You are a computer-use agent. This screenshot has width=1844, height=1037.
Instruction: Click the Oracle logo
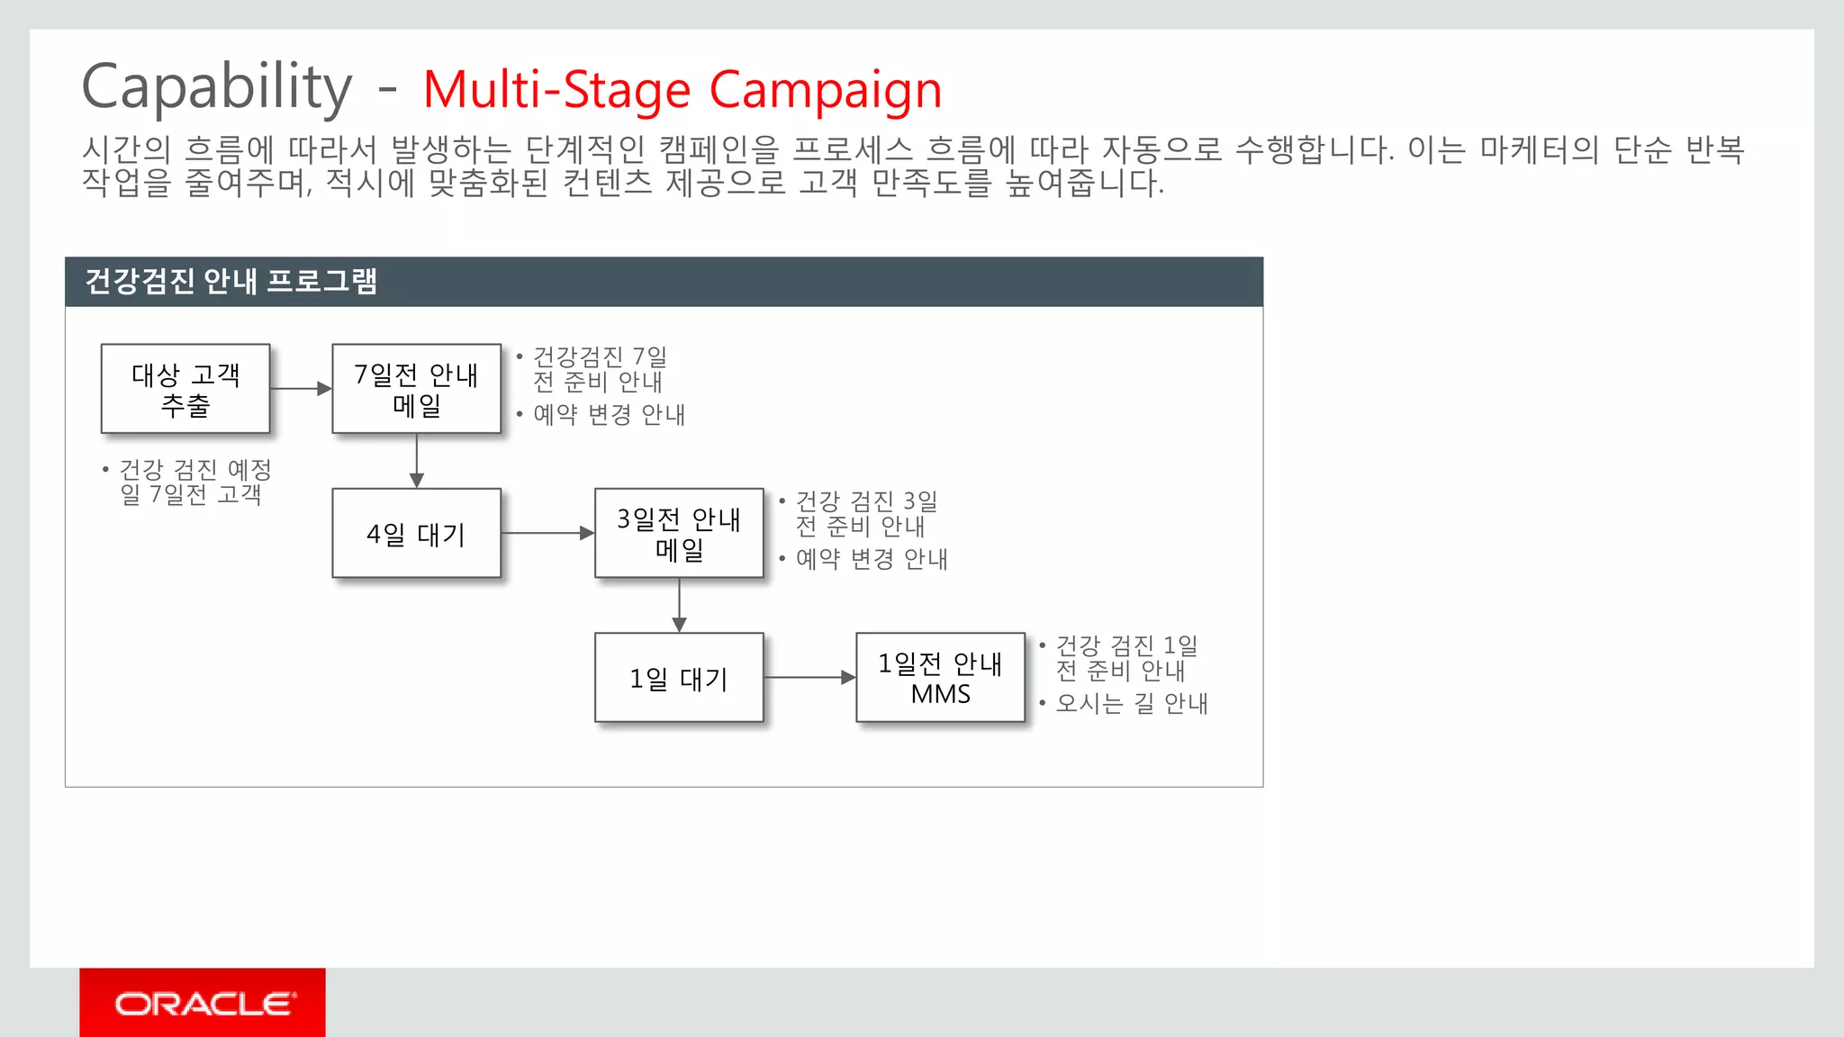coord(203,1003)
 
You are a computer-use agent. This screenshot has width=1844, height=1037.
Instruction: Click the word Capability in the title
coord(217,87)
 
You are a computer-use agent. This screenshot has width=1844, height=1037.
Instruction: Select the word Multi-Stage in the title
coord(556,90)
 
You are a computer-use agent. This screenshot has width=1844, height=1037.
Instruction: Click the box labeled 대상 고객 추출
coord(185,389)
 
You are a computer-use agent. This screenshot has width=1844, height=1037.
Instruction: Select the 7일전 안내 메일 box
coord(416,389)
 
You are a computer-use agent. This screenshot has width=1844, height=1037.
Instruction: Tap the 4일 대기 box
coord(416,533)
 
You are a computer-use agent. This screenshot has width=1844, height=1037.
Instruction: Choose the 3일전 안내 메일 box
coord(679,533)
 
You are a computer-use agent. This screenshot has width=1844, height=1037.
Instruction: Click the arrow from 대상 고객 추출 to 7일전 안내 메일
coord(301,389)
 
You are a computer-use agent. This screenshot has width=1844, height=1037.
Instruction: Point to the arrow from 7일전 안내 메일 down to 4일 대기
coord(416,461)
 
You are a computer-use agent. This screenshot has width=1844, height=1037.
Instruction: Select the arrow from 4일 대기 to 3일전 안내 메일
coord(547,533)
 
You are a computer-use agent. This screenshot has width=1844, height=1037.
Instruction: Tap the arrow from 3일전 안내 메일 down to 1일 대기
coord(679,605)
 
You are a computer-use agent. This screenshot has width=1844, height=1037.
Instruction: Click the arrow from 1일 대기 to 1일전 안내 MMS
coord(809,677)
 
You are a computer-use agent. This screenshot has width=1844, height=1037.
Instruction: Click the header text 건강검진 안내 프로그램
coord(230,282)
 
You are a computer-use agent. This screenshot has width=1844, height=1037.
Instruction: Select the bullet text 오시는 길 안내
coord(1131,703)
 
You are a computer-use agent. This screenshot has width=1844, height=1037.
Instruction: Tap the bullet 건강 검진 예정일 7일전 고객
coord(194,482)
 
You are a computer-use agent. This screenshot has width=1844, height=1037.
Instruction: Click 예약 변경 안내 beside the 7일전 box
coord(609,415)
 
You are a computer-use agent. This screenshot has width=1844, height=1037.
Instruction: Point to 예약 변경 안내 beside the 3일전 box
coord(871,559)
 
